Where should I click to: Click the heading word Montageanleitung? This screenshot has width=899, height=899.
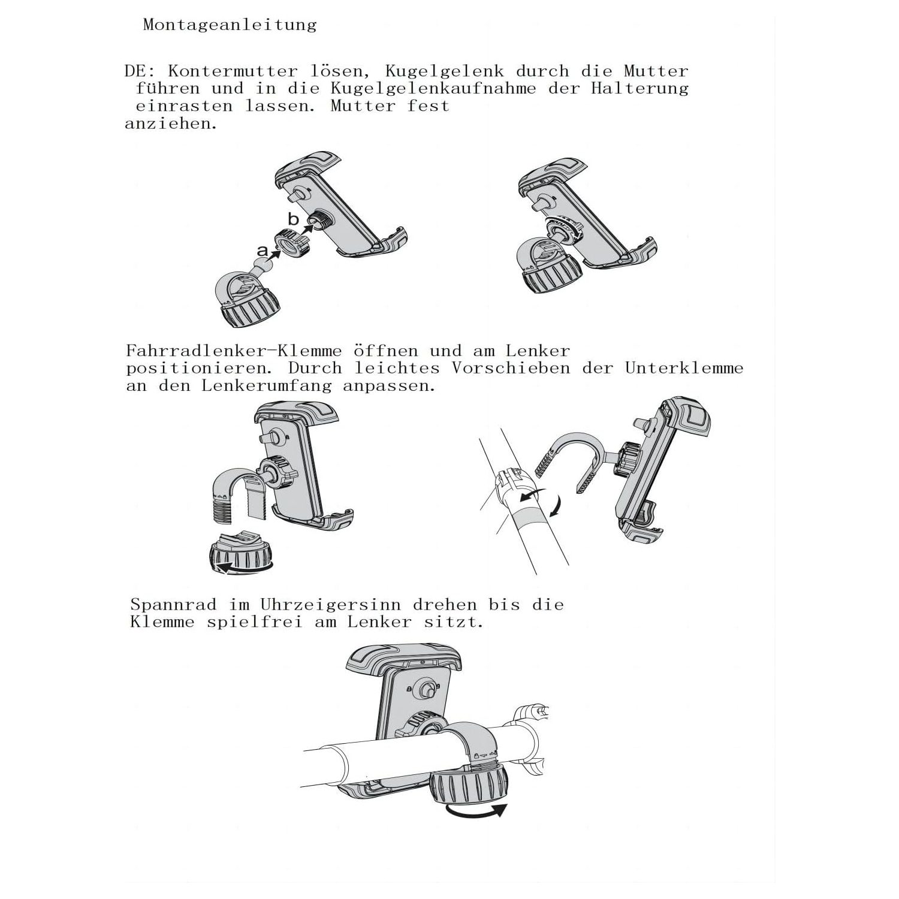(x=230, y=25)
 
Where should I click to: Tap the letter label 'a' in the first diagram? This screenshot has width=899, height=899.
(x=263, y=251)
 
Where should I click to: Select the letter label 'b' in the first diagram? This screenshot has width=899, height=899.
(x=293, y=219)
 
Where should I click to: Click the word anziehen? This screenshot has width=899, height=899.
(x=171, y=124)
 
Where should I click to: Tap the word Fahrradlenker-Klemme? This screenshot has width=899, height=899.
(x=234, y=351)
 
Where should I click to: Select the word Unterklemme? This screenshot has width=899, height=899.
(x=684, y=368)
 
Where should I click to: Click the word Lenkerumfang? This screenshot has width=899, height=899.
(x=266, y=385)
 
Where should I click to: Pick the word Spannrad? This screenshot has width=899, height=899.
(x=173, y=604)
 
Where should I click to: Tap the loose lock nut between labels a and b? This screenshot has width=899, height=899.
(x=292, y=243)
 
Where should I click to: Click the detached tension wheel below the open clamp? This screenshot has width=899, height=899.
(x=239, y=554)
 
